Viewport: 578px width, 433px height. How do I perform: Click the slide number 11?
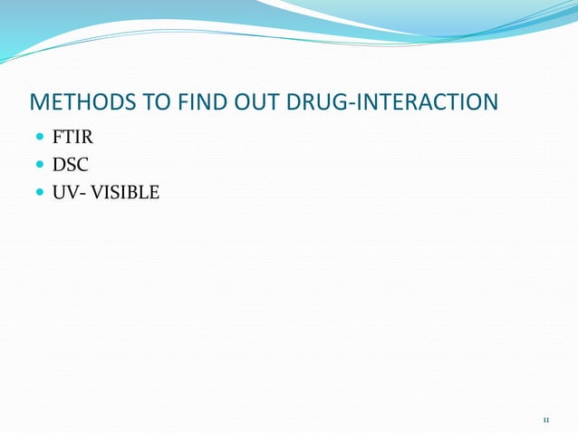[x=545, y=419]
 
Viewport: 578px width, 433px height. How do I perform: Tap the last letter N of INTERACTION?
[x=489, y=101]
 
